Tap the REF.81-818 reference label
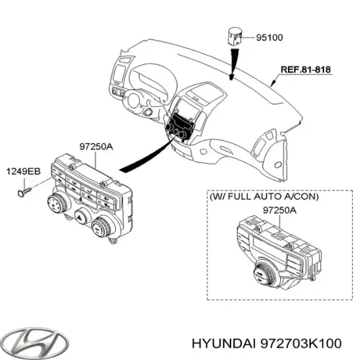point(305,70)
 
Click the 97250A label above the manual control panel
point(95,146)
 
